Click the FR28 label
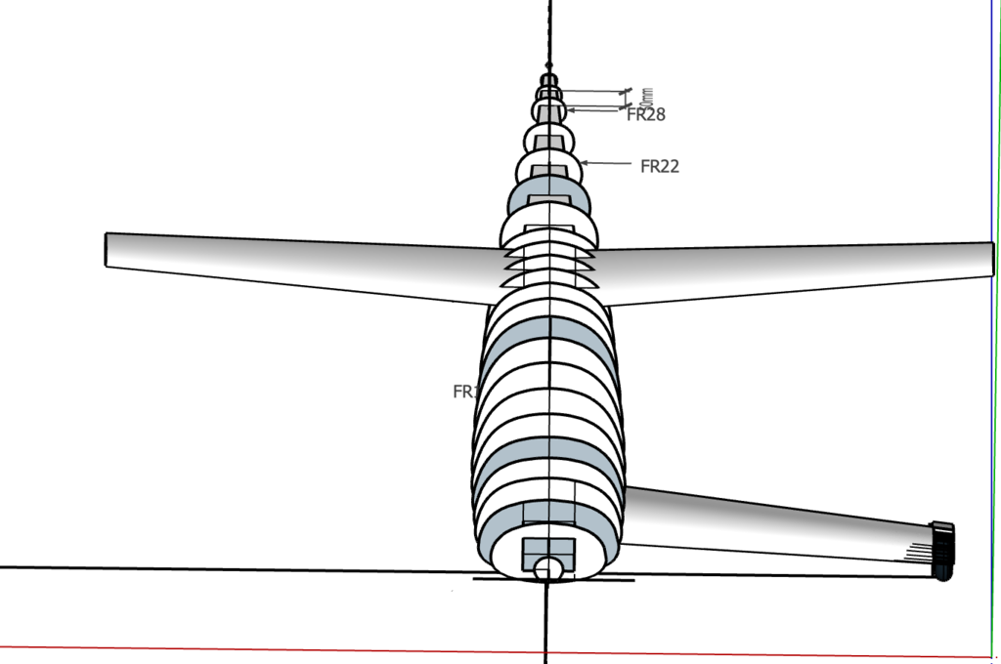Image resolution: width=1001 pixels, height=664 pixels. coord(645,115)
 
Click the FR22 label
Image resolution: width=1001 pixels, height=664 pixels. coord(659,166)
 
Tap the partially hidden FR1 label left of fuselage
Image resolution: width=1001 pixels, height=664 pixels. coord(463,392)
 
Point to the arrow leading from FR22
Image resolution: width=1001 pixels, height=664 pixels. coord(608,163)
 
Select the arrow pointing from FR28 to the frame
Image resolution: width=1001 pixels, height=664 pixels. coord(596,111)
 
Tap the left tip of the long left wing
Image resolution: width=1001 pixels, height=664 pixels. coord(108,249)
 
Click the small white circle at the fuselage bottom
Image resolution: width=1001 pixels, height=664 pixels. coord(548,568)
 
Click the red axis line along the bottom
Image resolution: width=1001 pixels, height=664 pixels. coord(293,647)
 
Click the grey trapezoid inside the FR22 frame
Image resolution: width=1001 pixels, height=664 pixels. coord(548,172)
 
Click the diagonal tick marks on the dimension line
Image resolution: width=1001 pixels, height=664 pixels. coord(625,93)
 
